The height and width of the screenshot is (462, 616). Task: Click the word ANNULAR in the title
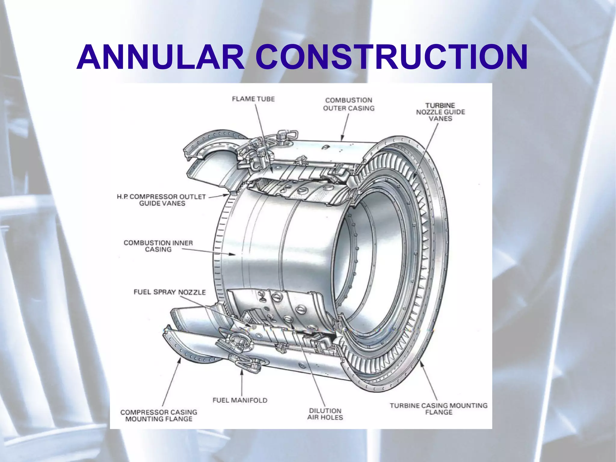pos(161,57)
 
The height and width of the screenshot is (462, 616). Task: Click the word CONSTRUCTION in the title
pos(392,57)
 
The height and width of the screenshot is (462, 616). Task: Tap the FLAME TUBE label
pos(253,99)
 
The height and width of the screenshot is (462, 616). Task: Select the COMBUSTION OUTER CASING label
pos(349,104)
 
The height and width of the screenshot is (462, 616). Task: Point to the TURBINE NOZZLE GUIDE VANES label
pos(441,112)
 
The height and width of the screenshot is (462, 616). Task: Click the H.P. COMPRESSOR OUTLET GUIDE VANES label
pos(162,200)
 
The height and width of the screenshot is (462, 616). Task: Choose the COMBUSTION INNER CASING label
pos(158,246)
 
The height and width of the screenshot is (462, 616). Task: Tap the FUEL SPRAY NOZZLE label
pos(170,292)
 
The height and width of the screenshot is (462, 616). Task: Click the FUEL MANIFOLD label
pos(240,400)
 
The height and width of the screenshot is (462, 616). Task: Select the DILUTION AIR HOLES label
pos(325,414)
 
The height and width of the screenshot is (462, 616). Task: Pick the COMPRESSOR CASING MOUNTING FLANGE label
pos(159,416)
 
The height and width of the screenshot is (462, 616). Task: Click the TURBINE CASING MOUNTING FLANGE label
pos(439,409)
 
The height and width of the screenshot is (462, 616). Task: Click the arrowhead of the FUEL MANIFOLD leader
pos(242,372)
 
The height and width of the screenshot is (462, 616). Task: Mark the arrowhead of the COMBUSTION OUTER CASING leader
pos(342,138)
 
